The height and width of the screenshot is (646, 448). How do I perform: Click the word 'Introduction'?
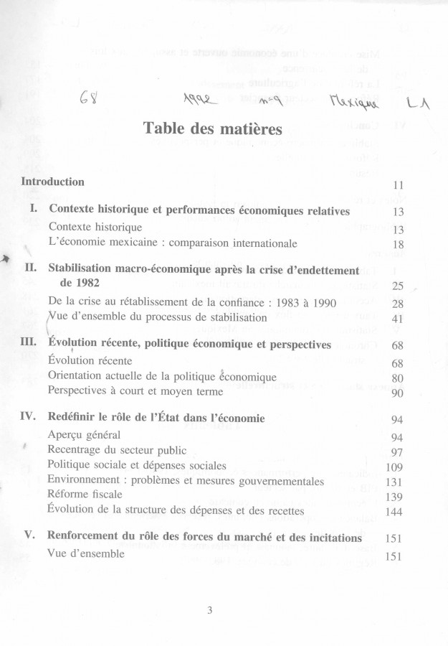[53, 182]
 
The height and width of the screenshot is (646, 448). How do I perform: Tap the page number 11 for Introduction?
[399, 185]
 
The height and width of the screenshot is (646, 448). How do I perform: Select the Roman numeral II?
[31, 268]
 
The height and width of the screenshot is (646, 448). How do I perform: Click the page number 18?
[399, 244]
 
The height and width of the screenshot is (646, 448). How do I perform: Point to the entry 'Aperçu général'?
[84, 435]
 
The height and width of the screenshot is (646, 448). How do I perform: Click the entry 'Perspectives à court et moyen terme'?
[135, 391]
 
